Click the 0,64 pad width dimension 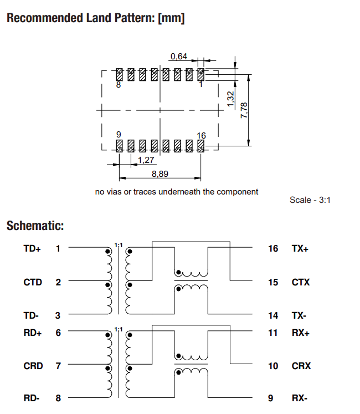(179, 56)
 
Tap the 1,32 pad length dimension (231, 99)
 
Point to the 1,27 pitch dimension (146, 160)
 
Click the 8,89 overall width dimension (160, 173)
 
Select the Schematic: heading (35, 226)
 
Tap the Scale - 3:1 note (310, 200)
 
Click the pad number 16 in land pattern (201, 135)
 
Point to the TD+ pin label (32, 249)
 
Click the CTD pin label (33, 282)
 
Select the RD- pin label (32, 398)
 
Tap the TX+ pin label (300, 249)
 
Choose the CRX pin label (301, 366)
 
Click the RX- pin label (300, 398)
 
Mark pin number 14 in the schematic (273, 315)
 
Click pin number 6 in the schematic (58, 333)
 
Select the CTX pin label (301, 282)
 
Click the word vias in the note (116, 192)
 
